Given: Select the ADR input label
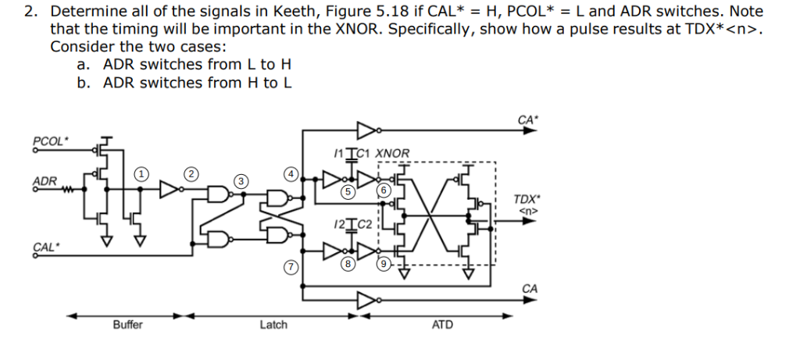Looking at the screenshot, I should pyautogui.click(x=44, y=181).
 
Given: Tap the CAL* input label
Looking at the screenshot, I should pyautogui.click(x=45, y=248).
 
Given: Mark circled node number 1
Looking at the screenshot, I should pyautogui.click(x=140, y=173).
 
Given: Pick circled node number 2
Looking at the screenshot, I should pyautogui.click(x=191, y=173).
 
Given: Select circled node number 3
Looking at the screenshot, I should pyautogui.click(x=242, y=181).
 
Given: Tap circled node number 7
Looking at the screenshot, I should pyautogui.click(x=291, y=267).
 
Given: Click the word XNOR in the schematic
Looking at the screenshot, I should pyautogui.click(x=392, y=153).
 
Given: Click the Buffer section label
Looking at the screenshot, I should pyautogui.click(x=127, y=325).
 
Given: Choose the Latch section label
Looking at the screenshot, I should pyautogui.click(x=273, y=325).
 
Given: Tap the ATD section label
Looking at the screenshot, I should pyautogui.click(x=441, y=325).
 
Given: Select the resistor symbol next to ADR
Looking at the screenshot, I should pyautogui.click(x=68, y=187).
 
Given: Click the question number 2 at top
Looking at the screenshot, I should pyautogui.click(x=29, y=12).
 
